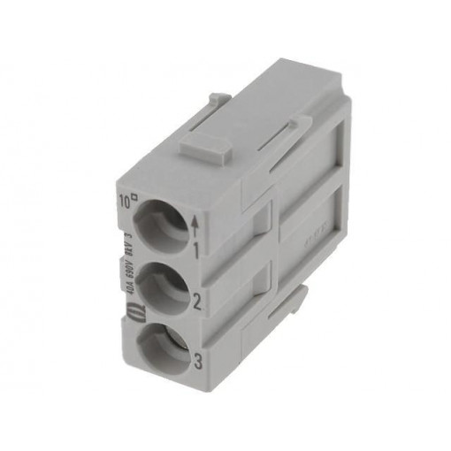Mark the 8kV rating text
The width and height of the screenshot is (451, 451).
[x=128, y=246]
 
